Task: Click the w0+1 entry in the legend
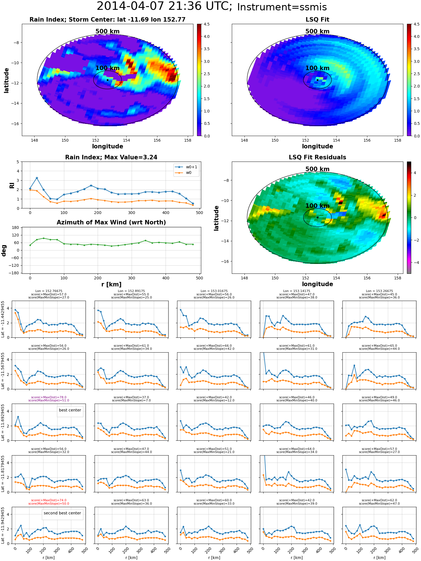pyautogui.click(x=191, y=167)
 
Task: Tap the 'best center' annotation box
pyautogui.click(x=70, y=410)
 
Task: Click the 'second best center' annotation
pyautogui.click(x=62, y=513)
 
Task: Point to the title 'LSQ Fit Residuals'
pyautogui.click(x=317, y=157)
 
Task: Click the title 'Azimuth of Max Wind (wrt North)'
pyautogui.click(x=111, y=222)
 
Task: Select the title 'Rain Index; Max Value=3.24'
pyautogui.click(x=111, y=157)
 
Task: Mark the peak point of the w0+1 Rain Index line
pyautogui.click(x=37, y=178)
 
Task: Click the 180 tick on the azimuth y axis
pyautogui.click(x=15, y=228)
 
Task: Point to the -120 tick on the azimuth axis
pyautogui.click(x=14, y=265)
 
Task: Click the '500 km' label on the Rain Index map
pyautogui.click(x=107, y=31)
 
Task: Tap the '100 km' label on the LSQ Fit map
pyautogui.click(x=317, y=68)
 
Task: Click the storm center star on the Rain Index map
pyautogui.click(x=107, y=80)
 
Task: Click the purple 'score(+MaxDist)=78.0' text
pyautogui.click(x=49, y=397)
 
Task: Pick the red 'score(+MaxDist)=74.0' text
pyautogui.click(x=49, y=500)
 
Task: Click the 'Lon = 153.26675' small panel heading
pyautogui.click(x=379, y=291)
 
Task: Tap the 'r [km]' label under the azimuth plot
pyautogui.click(x=111, y=284)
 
